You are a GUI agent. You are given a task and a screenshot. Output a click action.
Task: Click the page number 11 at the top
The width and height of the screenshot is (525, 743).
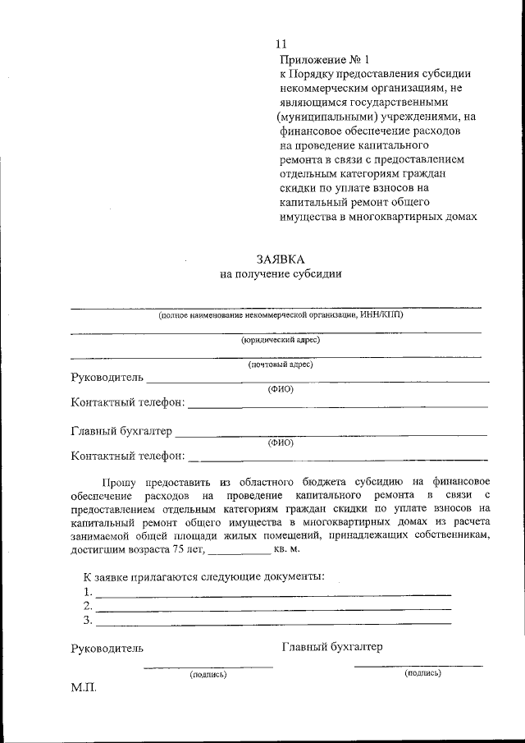[x=281, y=44]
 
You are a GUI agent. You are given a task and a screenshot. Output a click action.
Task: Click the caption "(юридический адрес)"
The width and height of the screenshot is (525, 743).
[x=281, y=339]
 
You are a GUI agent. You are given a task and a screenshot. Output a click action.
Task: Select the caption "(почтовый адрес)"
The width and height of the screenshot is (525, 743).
[x=281, y=364]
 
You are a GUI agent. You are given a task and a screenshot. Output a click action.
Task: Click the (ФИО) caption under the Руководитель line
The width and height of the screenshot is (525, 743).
[x=281, y=388]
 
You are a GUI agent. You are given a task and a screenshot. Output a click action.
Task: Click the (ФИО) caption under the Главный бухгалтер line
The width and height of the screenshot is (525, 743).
[x=281, y=442]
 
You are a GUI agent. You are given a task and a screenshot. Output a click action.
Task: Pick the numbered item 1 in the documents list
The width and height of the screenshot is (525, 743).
[x=87, y=591]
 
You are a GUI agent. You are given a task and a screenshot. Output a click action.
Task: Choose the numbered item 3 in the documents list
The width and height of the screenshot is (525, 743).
[x=87, y=620]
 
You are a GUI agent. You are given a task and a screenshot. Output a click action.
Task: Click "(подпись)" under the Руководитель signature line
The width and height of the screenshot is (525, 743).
[x=208, y=674]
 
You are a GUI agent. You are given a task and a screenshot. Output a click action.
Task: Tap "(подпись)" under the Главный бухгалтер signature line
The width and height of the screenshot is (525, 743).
[x=422, y=672]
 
